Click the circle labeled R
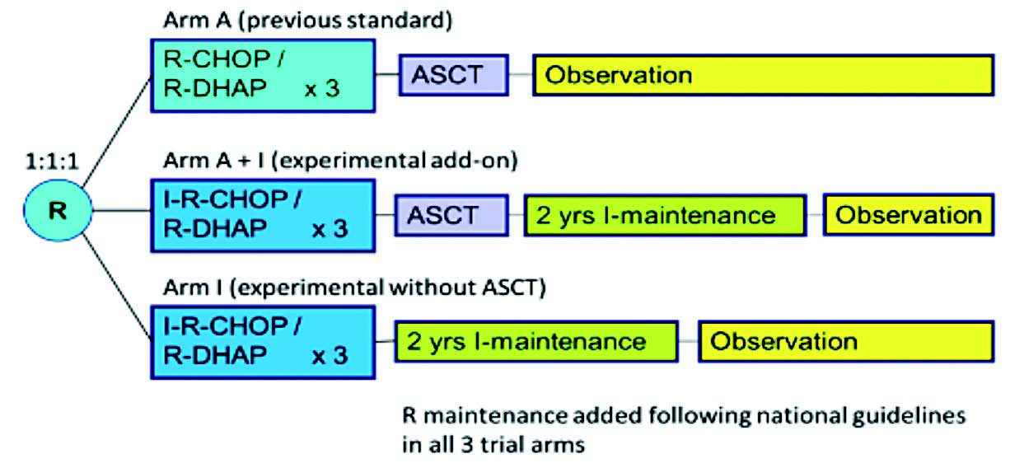[x=58, y=210]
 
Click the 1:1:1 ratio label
[x=52, y=161]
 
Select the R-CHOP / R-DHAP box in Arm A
[x=263, y=76]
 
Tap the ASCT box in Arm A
[x=453, y=76]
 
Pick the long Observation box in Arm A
[x=764, y=76]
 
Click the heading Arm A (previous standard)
[x=307, y=21]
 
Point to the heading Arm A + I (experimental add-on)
[x=340, y=161]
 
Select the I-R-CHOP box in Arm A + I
[x=263, y=216]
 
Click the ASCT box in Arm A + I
[x=451, y=215]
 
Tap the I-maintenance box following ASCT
[x=665, y=215]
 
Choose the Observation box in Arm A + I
[x=909, y=215]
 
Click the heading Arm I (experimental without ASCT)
[x=355, y=288]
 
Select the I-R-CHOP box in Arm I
[x=263, y=343]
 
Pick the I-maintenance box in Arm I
[x=536, y=342]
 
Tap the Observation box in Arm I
[x=846, y=342]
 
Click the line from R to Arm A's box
[x=117, y=132]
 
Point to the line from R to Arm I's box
[x=117, y=287]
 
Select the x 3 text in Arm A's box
[x=322, y=89]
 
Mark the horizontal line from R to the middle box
[x=121, y=211]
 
